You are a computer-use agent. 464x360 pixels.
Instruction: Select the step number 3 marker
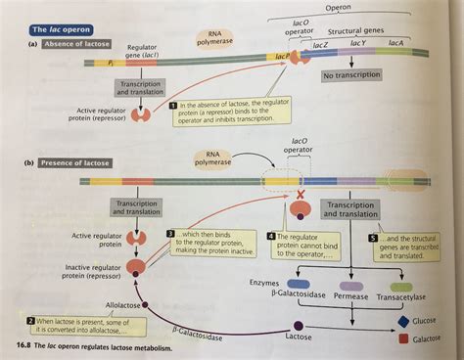170,235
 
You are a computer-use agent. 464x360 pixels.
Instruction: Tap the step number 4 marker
271,237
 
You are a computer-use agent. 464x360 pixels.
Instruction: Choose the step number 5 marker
373,237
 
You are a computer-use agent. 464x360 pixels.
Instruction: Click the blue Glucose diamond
403,320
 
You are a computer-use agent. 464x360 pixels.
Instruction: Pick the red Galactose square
404,339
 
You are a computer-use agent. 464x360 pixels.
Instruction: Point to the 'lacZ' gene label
321,44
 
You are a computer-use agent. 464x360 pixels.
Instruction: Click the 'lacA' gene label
395,44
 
